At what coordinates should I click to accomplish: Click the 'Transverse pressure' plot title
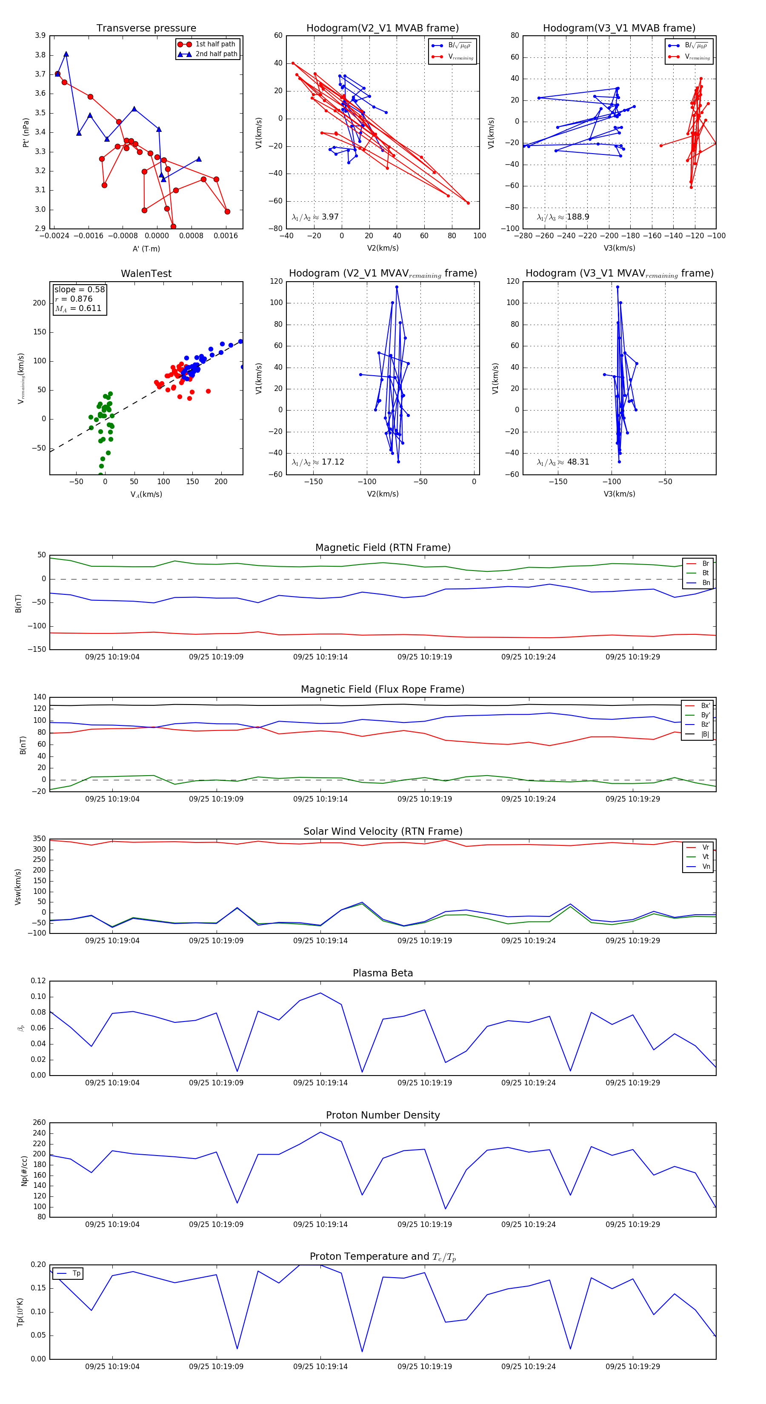[146, 29]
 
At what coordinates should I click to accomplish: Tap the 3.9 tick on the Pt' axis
[40, 35]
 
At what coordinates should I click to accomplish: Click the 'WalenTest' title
[146, 274]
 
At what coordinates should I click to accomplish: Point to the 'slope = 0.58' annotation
[79, 289]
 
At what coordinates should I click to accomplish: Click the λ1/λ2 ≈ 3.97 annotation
[315, 217]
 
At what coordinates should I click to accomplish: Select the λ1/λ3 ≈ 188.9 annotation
[563, 217]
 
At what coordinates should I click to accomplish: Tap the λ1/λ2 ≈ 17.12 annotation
[318, 462]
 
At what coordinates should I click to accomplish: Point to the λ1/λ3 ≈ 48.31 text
[563, 462]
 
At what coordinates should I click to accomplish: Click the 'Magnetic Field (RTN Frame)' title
[383, 548]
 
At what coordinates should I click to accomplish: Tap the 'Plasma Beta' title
[383, 973]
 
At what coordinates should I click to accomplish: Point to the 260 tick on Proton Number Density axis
[39, 1123]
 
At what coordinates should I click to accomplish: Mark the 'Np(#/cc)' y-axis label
[24, 1170]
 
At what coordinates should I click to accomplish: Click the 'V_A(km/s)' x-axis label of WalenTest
[146, 494]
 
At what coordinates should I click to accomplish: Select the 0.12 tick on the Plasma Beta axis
[38, 981]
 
